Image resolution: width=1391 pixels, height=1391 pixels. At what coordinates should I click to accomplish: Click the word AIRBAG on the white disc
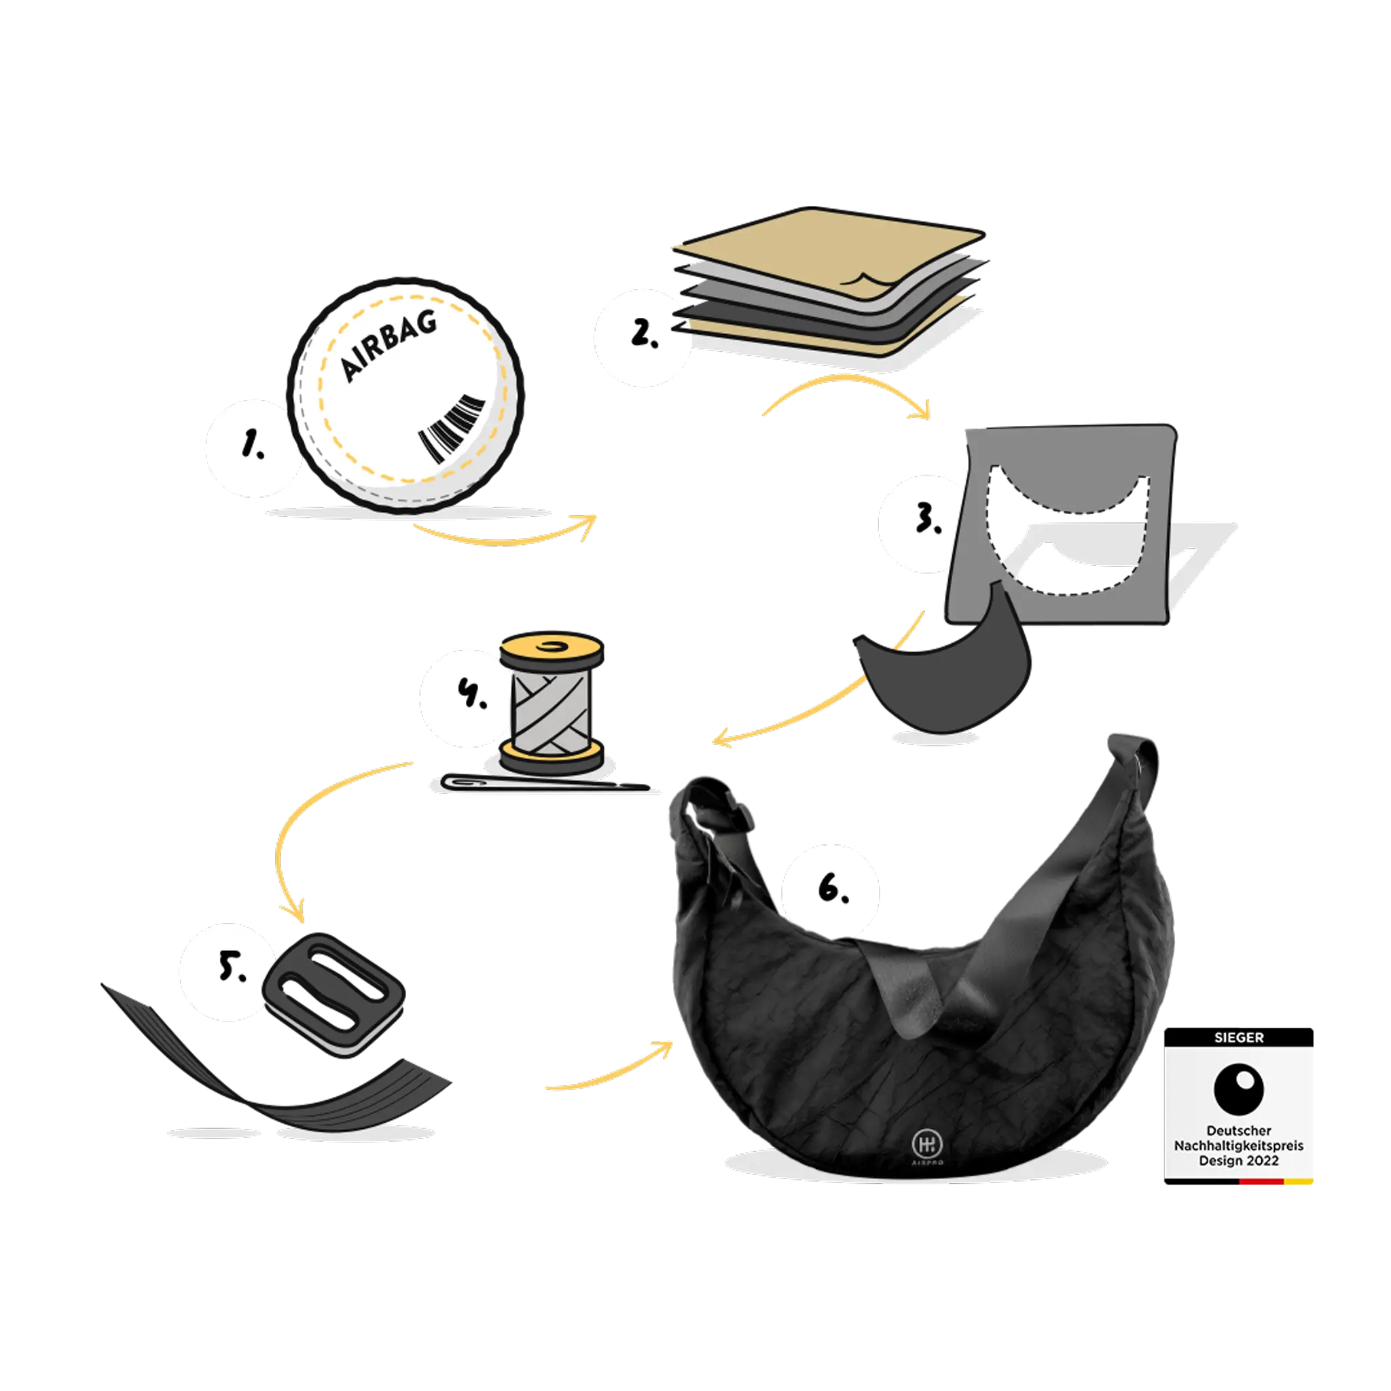pos(388,346)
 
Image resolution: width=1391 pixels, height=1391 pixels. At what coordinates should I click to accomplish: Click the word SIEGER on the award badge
pos(1238,1038)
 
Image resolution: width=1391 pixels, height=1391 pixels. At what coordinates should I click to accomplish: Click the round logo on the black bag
pos(924,1142)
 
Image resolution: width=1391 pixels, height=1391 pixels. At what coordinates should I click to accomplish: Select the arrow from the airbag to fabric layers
pos(504,537)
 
